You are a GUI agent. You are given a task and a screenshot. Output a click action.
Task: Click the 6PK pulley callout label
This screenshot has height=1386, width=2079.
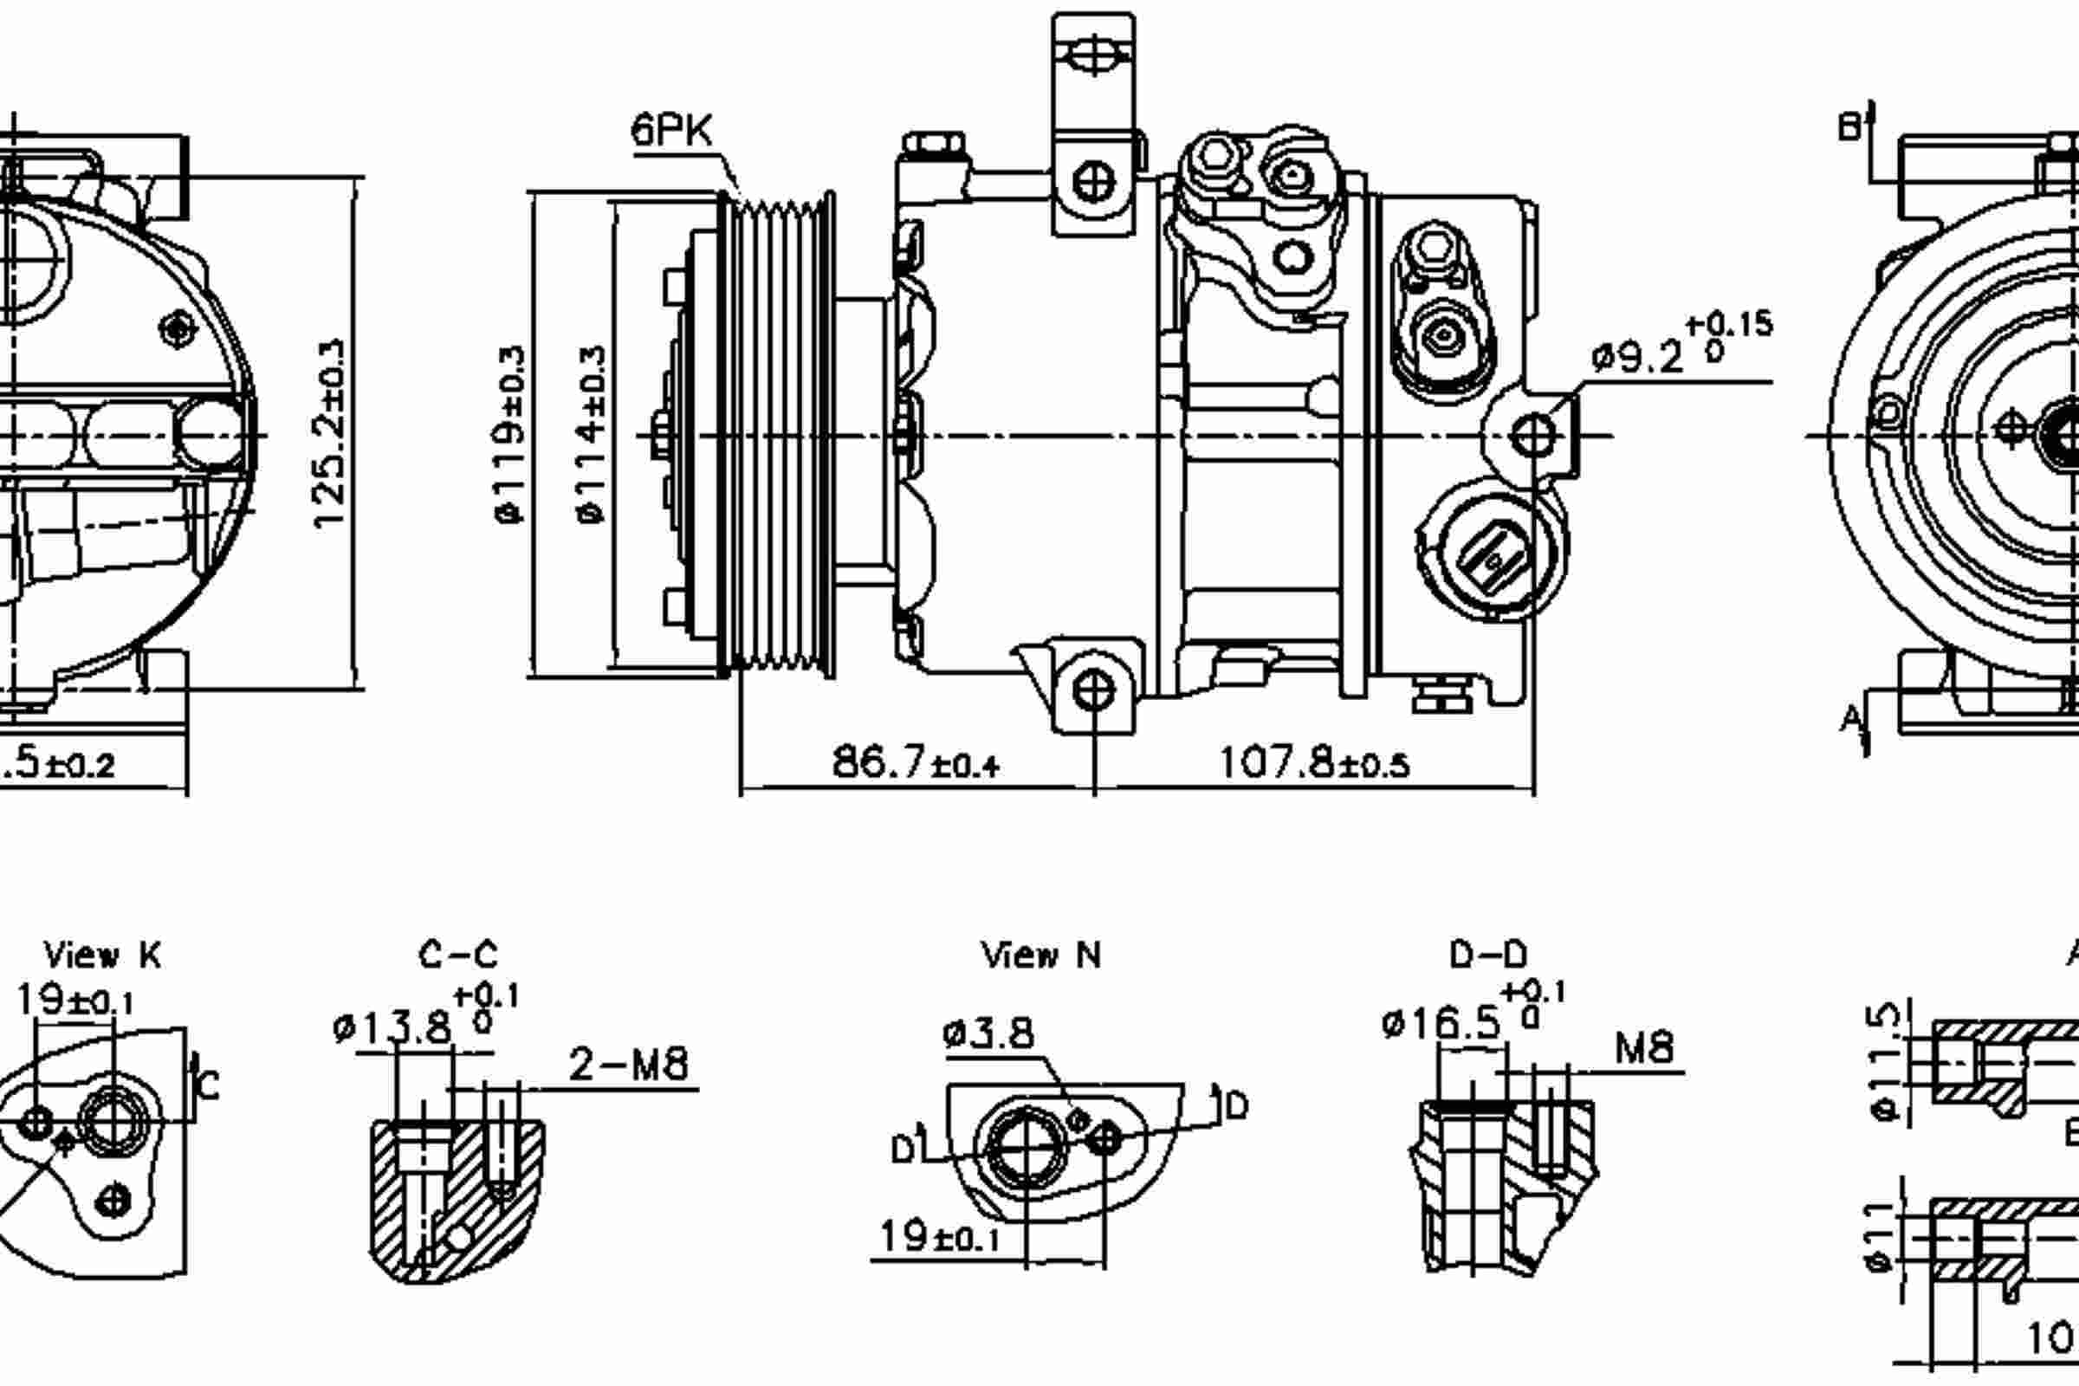[670, 131]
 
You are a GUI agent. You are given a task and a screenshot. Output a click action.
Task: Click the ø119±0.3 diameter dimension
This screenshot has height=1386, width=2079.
[511, 435]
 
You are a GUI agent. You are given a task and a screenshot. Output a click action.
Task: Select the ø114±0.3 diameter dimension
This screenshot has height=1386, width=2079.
[593, 435]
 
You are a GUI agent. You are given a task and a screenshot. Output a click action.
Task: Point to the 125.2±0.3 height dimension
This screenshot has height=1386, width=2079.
[330, 433]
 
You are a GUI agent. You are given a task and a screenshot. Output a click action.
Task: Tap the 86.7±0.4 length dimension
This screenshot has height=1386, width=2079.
[915, 762]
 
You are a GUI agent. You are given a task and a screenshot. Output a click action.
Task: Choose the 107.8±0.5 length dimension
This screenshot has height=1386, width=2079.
[1313, 762]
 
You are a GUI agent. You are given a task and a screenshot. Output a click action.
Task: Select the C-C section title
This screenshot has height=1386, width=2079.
[458, 955]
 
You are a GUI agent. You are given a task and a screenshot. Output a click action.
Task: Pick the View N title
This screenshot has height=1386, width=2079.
[1041, 955]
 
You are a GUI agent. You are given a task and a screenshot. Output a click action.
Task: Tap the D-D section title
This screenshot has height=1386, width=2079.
[1487, 955]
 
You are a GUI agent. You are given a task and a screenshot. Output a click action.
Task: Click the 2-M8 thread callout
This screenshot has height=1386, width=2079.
[627, 1065]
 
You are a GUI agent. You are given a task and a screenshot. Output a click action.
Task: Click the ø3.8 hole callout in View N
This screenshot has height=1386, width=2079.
[988, 1033]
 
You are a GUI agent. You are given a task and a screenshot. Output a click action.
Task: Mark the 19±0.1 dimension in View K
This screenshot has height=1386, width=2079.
[74, 1001]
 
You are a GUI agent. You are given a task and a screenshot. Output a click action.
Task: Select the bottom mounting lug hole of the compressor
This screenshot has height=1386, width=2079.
[1093, 690]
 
